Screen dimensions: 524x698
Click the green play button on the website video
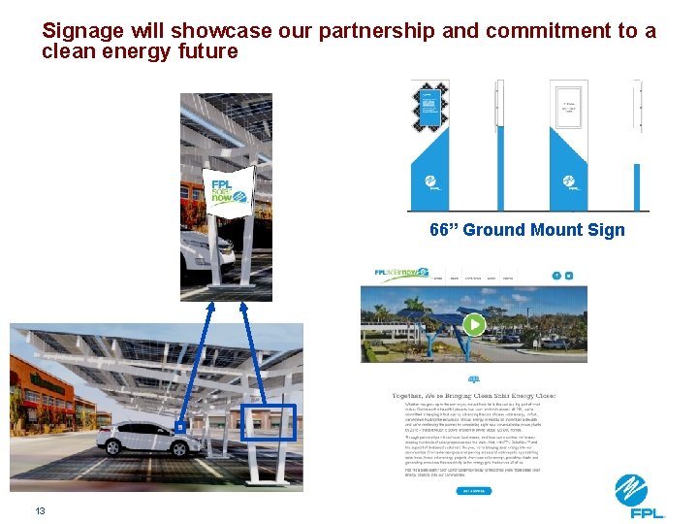click(x=473, y=324)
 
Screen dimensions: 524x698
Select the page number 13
click(x=41, y=510)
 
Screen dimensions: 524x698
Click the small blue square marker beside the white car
click(x=179, y=426)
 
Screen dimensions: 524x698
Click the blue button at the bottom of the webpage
click(x=473, y=491)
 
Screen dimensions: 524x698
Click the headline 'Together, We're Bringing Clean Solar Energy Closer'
click(x=473, y=396)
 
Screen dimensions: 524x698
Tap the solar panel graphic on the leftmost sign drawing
click(x=428, y=107)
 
